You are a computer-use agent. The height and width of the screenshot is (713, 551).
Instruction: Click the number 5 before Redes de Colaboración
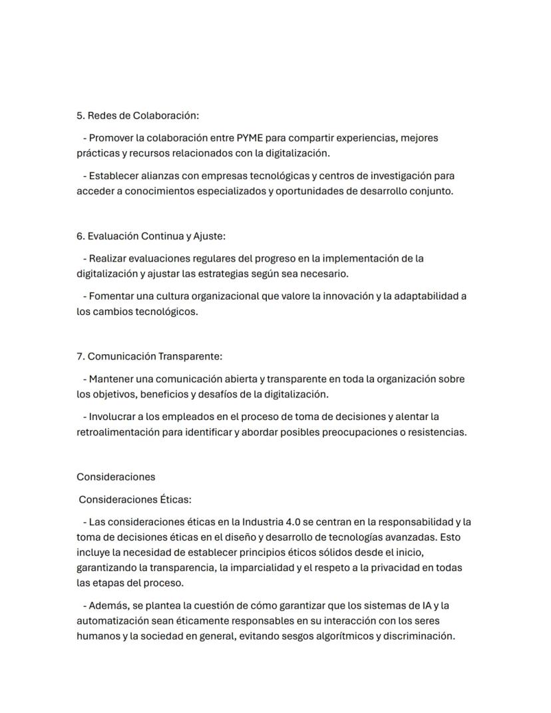pyautogui.click(x=79, y=115)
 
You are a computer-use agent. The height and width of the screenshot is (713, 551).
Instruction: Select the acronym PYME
pyautogui.click(x=250, y=138)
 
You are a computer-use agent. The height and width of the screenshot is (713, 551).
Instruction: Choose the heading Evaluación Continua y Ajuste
pyautogui.click(x=156, y=236)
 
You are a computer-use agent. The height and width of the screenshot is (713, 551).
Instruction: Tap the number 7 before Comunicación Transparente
pyautogui.click(x=79, y=356)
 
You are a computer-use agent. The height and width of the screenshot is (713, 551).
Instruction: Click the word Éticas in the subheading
pyautogui.click(x=175, y=499)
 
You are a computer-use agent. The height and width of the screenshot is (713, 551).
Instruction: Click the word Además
pyautogui.click(x=107, y=606)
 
